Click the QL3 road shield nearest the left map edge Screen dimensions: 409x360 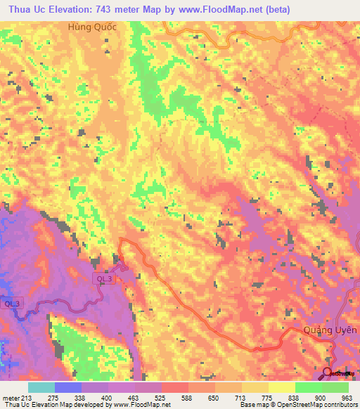pos(13,304)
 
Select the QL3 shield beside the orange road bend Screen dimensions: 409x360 pos(104,279)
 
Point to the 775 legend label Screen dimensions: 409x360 pos(256,398)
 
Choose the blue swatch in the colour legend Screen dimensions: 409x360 pos(68,387)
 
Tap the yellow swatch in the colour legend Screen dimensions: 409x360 pos(281,387)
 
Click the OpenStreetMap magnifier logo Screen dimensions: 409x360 pos(327,372)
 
